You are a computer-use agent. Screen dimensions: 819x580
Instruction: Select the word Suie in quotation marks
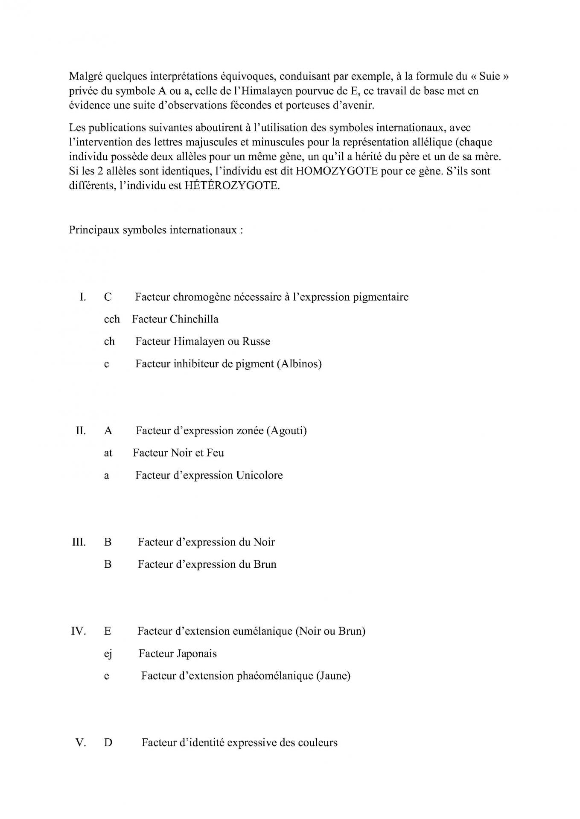(489, 76)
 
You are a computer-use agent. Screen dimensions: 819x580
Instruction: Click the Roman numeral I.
(83, 297)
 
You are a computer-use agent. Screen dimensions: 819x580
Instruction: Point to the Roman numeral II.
(81, 430)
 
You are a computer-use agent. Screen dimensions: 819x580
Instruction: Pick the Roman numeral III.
(79, 542)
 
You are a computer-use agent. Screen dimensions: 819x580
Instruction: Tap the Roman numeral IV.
(79, 631)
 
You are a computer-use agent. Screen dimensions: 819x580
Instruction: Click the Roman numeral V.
(81, 743)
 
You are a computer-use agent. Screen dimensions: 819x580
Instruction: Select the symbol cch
(112, 319)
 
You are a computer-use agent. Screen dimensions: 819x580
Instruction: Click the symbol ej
(108, 653)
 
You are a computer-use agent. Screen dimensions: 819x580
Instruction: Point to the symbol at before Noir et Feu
(108, 453)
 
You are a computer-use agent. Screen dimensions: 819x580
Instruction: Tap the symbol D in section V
(108, 743)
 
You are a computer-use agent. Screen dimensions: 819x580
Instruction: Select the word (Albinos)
(299, 364)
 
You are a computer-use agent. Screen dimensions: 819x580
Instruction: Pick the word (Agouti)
(286, 430)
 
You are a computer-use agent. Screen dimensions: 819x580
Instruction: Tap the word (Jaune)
(333, 676)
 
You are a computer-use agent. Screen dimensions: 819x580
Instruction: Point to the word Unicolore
(259, 475)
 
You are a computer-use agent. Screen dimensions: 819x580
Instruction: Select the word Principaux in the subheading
(94, 230)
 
